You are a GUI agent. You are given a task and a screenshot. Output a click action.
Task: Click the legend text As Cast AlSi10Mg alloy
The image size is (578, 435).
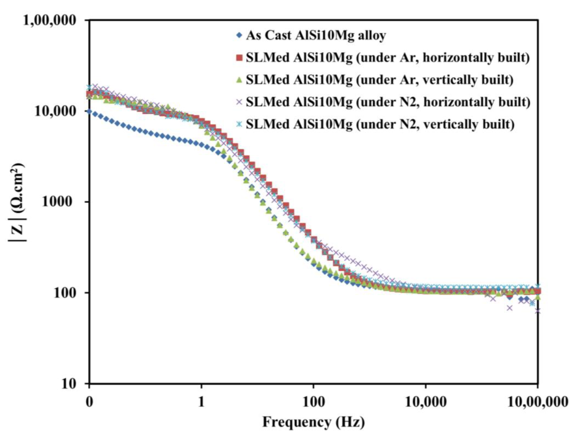pos(316,35)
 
